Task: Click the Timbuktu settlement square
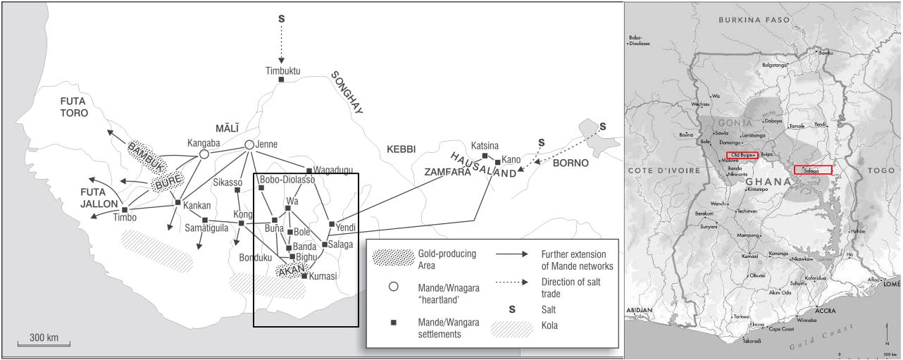tap(282, 80)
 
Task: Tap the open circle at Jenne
tap(249, 144)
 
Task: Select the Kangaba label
tap(204, 142)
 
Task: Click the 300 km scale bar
tap(49, 344)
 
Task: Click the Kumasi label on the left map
tap(323, 276)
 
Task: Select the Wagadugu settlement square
tap(309, 170)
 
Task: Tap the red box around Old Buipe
tap(741, 154)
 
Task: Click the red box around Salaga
tap(813, 170)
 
